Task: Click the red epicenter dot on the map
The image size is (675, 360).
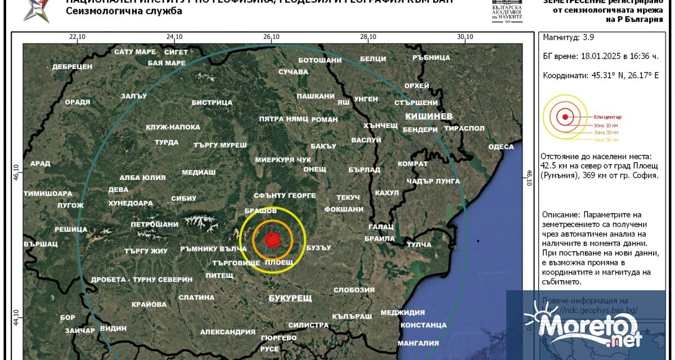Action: click(x=272, y=240)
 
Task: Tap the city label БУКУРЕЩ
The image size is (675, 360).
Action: click(x=290, y=298)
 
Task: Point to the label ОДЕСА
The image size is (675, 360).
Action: click(x=501, y=147)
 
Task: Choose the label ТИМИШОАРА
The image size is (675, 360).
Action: click(x=48, y=193)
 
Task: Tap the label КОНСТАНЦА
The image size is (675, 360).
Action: click(x=423, y=325)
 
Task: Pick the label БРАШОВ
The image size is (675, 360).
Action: click(x=260, y=210)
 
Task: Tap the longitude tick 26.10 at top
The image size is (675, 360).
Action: click(x=271, y=37)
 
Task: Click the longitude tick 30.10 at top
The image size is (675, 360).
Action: click(x=465, y=37)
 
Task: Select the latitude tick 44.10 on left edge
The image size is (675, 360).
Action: click(x=17, y=317)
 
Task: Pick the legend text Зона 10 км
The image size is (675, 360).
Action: click(x=606, y=125)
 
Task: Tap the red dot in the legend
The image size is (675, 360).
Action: click(x=564, y=118)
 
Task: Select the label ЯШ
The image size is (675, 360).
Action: click(x=343, y=103)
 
